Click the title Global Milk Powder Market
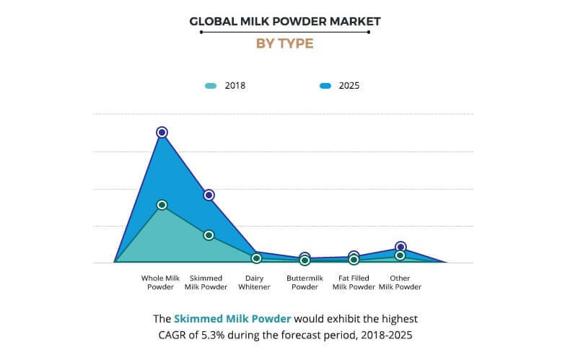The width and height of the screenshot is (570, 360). pos(284,21)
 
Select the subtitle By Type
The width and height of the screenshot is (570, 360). pos(284,43)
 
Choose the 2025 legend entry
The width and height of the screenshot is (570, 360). pos(338,85)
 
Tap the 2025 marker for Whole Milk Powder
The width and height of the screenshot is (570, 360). pos(162,132)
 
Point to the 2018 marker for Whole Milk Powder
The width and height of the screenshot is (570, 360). pos(162,205)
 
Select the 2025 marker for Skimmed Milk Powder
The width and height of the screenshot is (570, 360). pos(209,195)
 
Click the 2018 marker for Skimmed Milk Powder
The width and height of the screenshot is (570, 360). pos(209,235)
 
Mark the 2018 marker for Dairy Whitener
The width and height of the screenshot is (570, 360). pos(256,258)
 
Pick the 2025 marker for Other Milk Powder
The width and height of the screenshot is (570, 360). pos(400,247)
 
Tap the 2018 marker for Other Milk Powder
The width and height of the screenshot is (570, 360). pos(400,255)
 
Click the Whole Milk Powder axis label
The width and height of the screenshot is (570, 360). pos(161,282)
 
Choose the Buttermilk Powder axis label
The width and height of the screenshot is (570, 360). pos(304,282)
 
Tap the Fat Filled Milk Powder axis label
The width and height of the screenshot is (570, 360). pos(354,282)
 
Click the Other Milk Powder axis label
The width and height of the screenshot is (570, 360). pos(400,282)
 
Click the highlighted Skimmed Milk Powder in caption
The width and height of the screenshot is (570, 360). pos(232,318)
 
